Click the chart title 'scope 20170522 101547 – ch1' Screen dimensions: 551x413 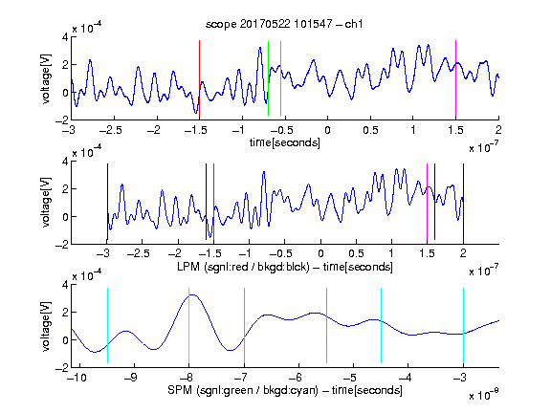(284, 24)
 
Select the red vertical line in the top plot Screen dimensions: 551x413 (199, 78)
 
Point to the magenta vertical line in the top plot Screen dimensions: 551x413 (455, 78)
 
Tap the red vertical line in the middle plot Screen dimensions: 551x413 (213, 202)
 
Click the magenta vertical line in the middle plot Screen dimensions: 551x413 (427, 202)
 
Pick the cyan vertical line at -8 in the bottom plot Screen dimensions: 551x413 (188, 326)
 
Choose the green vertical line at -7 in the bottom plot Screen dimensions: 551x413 (244, 326)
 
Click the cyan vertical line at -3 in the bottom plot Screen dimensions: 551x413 (463, 326)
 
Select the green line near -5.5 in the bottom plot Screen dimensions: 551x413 (326, 326)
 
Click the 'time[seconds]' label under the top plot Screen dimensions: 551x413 (285, 142)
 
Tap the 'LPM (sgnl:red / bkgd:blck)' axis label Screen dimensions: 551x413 (243, 267)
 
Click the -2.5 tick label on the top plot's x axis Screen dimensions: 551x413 (111, 130)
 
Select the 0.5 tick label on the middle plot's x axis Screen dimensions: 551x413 (356, 252)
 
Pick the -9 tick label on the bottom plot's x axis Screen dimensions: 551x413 (131, 378)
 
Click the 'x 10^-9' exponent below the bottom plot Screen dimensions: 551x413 (483, 395)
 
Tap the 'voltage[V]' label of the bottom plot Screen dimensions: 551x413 (46, 326)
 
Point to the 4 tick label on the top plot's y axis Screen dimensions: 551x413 (65, 37)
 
